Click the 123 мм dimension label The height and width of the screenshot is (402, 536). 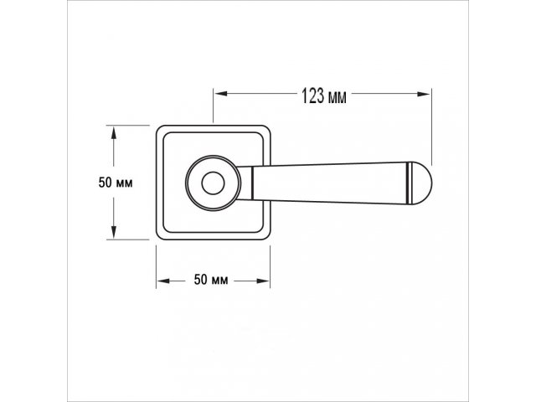click(324, 95)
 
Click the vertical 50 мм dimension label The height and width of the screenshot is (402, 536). click(116, 183)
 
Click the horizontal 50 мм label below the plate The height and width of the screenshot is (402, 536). click(211, 280)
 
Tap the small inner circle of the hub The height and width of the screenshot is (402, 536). click(213, 183)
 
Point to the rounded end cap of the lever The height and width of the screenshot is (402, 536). click(420, 183)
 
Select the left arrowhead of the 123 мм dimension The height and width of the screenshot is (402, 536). click(221, 94)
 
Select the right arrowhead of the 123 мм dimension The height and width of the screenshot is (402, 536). click(424, 94)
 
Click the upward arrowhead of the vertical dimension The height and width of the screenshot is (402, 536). click(114, 132)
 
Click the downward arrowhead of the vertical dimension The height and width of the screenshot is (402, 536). click(114, 232)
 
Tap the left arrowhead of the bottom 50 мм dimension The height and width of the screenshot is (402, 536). click(163, 281)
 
